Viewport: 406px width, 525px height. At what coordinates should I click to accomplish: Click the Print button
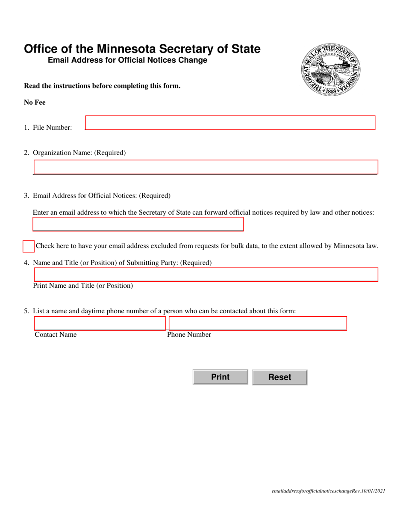point(220,377)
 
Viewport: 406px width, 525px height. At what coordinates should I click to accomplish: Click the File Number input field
point(230,123)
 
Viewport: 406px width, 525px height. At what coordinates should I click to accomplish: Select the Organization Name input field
point(206,167)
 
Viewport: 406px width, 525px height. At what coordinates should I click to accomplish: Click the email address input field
point(138,224)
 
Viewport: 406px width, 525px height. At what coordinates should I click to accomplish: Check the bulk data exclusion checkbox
point(28,246)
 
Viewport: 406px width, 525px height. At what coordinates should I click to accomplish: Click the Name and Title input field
point(206,274)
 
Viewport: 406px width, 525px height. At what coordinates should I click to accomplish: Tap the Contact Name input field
point(99,324)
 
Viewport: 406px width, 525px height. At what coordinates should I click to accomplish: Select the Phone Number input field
point(258,324)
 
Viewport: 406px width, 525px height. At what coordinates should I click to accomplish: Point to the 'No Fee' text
point(35,102)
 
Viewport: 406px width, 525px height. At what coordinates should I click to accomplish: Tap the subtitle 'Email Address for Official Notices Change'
point(127,61)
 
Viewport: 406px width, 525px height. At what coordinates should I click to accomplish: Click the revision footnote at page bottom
point(328,491)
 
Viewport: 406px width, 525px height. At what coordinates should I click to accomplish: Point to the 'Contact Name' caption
point(56,335)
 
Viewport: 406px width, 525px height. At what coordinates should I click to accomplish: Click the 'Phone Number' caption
point(189,335)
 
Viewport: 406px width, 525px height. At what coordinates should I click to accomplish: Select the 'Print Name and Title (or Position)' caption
point(83,286)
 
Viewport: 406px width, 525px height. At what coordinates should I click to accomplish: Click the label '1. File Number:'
point(48,128)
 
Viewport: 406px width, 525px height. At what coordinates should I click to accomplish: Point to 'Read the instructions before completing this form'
point(102,86)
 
